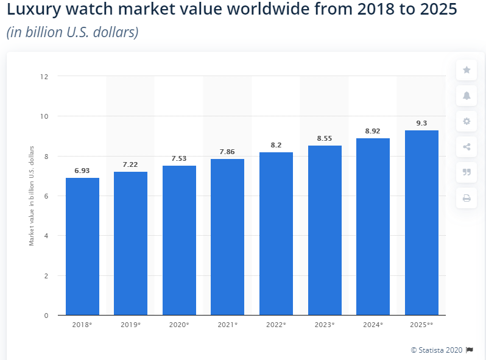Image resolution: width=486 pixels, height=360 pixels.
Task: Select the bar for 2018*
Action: [82, 246]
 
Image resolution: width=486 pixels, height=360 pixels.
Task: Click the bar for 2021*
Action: [227, 237]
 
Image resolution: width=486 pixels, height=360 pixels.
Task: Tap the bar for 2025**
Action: [421, 222]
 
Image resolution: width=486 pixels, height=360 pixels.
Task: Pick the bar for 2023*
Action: [325, 230]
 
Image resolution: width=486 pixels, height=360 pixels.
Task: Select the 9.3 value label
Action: [421, 124]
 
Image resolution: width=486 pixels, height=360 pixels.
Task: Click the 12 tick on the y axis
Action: [44, 77]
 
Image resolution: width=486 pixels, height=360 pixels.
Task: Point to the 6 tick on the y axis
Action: [46, 196]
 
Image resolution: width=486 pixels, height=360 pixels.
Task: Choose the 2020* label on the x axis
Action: [179, 325]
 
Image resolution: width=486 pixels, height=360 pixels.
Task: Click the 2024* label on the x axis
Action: [373, 325]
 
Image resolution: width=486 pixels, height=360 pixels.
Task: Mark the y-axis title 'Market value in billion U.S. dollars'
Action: [32, 196]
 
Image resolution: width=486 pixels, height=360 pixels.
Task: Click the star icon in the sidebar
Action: [467, 70]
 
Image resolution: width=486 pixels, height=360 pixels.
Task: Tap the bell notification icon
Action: [467, 96]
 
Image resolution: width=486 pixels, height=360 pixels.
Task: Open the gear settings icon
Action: [467, 121]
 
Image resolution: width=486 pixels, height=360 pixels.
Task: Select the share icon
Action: [467, 147]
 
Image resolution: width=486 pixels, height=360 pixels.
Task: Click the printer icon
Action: [467, 198]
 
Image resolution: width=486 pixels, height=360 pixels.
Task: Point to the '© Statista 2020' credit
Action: [437, 350]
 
